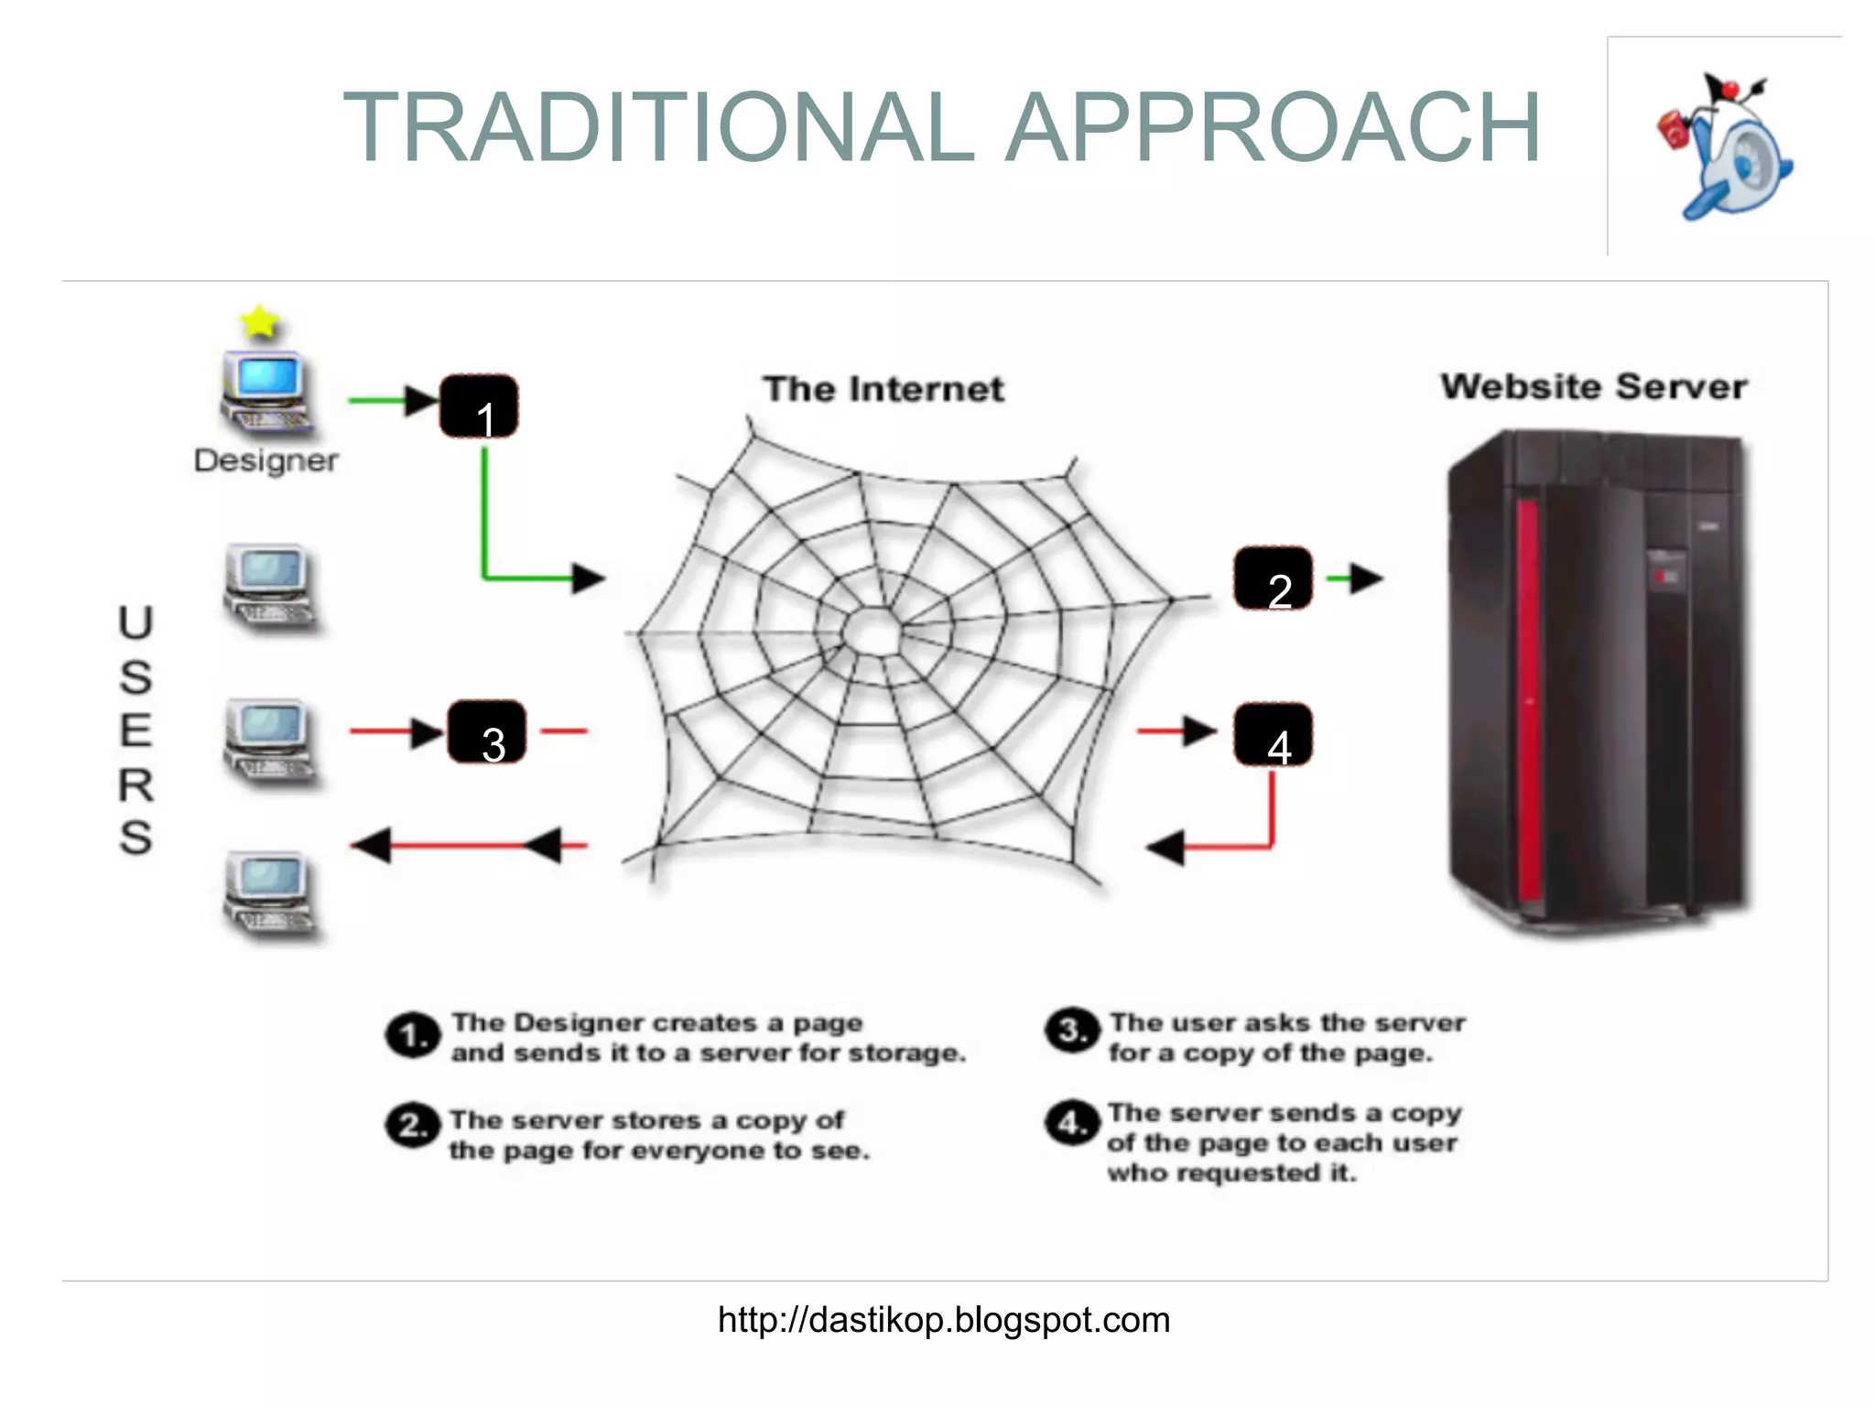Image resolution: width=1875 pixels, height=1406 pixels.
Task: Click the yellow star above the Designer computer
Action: [260, 322]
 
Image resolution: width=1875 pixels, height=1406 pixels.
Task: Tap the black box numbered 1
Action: [479, 406]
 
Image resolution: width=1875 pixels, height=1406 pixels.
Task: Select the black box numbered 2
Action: [1273, 579]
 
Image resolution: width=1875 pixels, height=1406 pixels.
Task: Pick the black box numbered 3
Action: [486, 732]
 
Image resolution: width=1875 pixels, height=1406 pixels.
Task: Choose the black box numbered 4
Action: [1273, 734]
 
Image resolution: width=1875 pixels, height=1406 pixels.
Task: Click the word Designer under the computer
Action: [266, 460]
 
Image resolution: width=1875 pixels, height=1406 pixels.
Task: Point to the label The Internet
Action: [883, 390]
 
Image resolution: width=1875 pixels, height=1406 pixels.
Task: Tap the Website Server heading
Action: [1593, 387]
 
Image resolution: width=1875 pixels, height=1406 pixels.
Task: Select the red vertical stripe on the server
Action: [1526, 705]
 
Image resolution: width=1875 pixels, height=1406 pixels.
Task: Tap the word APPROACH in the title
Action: [1273, 128]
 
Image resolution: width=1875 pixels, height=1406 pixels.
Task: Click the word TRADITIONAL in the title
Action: [659, 128]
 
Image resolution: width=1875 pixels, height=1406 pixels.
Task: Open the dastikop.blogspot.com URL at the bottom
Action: [943, 1320]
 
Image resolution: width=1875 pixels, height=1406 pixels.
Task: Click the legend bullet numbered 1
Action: [412, 1036]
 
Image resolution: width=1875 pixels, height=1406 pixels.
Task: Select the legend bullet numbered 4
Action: [1071, 1122]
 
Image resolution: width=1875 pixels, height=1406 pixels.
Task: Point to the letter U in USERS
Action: [135, 624]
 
